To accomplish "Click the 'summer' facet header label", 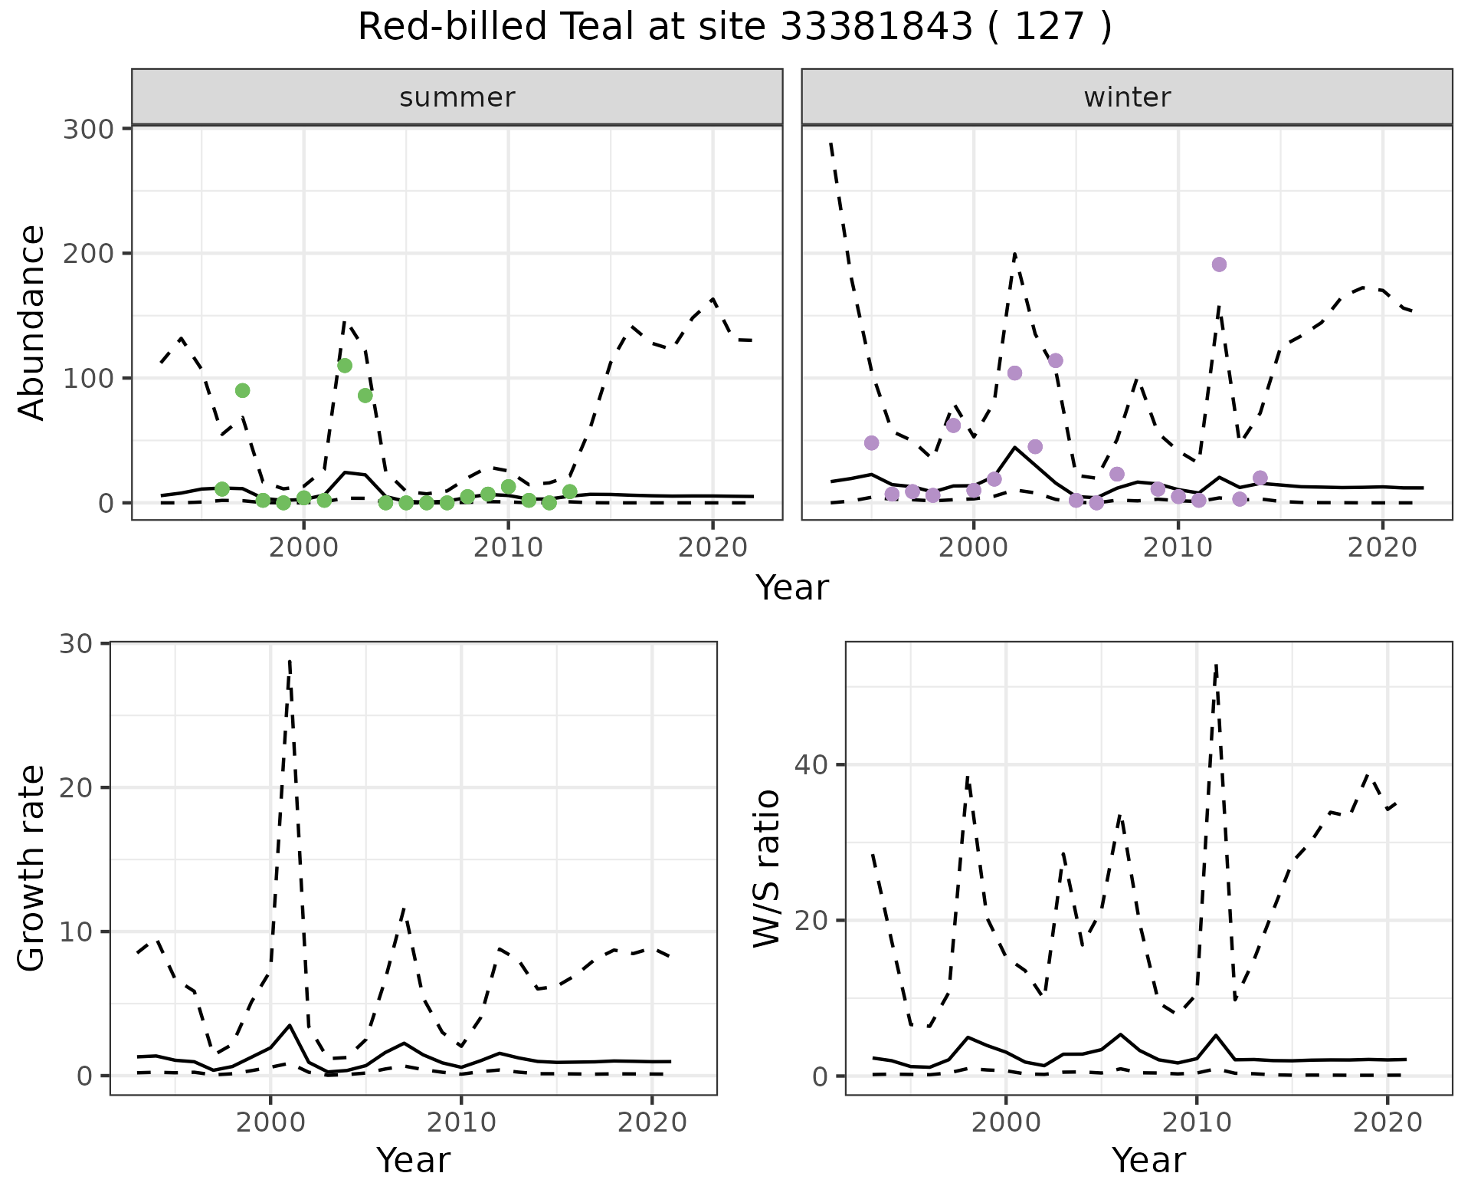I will point(457,97).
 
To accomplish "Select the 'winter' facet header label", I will point(1127,97).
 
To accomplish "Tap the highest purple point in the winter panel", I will point(1219,264).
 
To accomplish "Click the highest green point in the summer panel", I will point(345,366).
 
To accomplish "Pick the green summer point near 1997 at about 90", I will point(242,390).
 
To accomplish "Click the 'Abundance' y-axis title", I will point(32,323).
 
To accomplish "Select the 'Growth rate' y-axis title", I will point(32,869).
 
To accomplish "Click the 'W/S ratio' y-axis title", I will point(766,869).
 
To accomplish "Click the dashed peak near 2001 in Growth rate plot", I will point(290,661).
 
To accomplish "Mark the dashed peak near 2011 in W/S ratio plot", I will point(1216,665).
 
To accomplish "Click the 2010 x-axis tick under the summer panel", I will point(508,549).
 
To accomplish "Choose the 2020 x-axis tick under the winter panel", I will point(1383,549).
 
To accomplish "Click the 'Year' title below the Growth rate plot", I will point(413,1160).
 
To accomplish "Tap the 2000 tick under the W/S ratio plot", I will point(1005,1123).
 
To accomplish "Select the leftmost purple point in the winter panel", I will point(871,443).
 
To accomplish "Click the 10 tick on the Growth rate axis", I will point(74,932).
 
